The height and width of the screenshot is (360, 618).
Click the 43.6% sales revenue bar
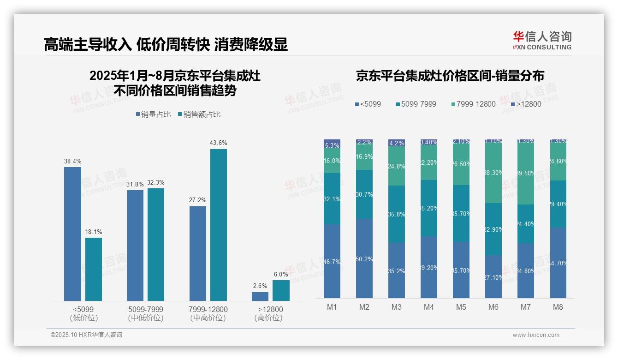(x=219, y=225)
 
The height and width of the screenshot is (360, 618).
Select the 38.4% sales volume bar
(x=72, y=234)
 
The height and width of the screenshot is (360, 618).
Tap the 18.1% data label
(x=94, y=232)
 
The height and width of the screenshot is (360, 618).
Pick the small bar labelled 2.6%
(x=260, y=296)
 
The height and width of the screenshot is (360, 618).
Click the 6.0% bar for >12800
(x=281, y=290)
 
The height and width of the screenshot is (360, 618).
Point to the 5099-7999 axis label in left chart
(x=145, y=309)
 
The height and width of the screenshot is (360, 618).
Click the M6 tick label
(x=493, y=307)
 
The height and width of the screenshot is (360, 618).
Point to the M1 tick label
(x=332, y=307)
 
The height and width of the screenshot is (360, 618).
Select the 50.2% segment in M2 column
(x=364, y=258)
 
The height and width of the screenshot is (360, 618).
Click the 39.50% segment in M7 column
(x=526, y=173)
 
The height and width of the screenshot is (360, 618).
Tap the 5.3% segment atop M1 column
(x=332, y=144)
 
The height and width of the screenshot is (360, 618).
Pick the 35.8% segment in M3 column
(x=397, y=214)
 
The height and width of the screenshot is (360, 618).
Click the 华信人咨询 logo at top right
(x=542, y=40)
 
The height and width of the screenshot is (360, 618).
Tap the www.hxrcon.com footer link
(x=536, y=335)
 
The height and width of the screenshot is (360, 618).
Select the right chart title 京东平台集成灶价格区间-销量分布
(x=450, y=76)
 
